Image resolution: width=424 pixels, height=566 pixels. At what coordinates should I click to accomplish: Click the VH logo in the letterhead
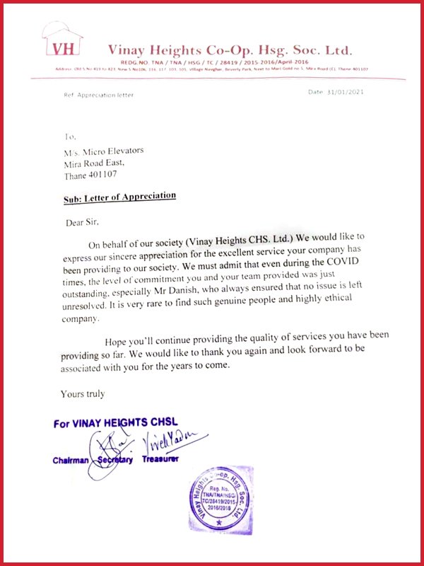click(62, 47)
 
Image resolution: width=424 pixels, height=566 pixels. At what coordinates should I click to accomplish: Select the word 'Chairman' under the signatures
click(71, 461)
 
